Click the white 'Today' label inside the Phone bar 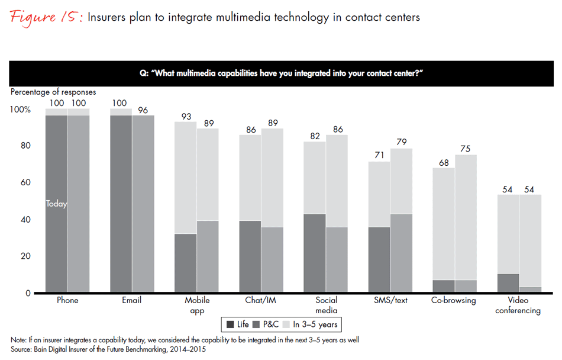pos(57,204)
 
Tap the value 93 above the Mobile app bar pos(186,117)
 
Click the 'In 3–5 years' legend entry pos(314,324)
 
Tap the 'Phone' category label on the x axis pos(67,301)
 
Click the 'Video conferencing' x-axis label pos(518,306)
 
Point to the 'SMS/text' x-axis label pos(391,301)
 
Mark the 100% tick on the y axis pos(21,110)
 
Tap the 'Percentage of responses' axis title pos(53,92)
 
